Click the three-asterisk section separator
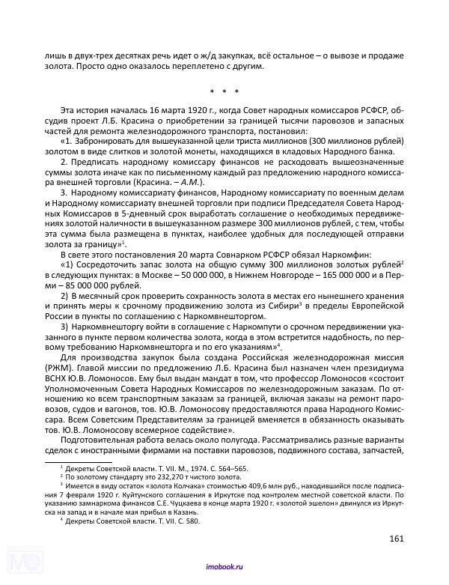pyautogui.click(x=224, y=92)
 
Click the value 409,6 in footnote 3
pyautogui.click(x=234, y=485)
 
